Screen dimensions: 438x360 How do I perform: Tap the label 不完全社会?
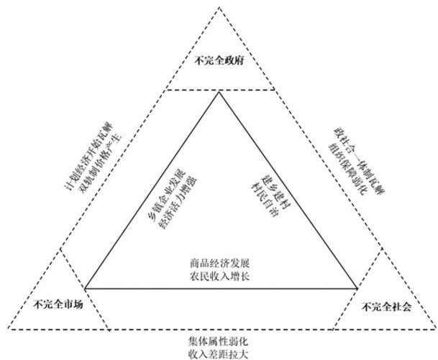[387, 307]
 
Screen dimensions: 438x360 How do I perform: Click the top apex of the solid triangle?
[218, 92]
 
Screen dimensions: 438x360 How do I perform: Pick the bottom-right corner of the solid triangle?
[358, 288]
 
